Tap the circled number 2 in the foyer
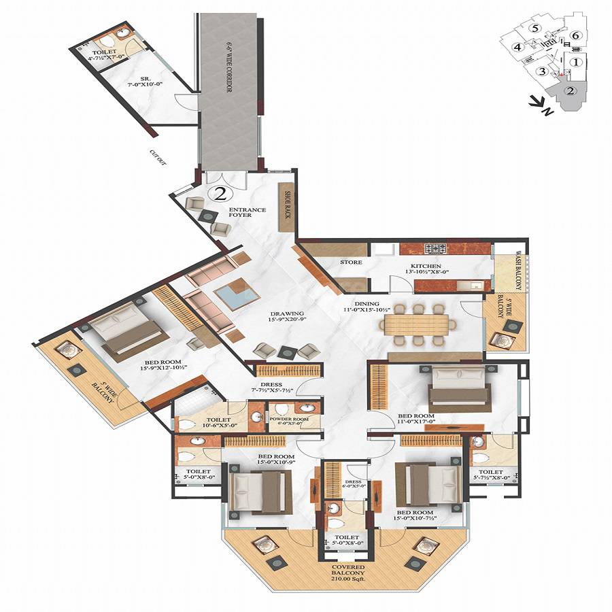point(220,194)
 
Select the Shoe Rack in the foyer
point(288,202)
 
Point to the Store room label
point(350,262)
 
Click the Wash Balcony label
point(518,271)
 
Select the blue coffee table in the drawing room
point(235,296)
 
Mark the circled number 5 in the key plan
point(537,28)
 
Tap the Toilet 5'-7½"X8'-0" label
point(490,475)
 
